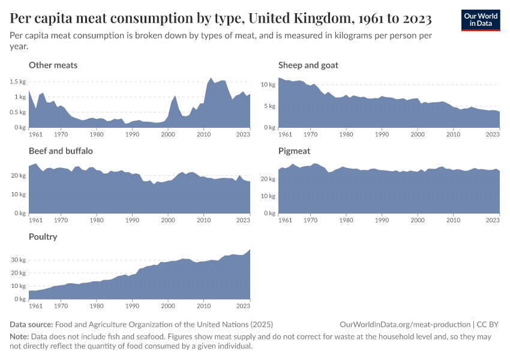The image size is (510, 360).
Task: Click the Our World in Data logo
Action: click(x=480, y=20)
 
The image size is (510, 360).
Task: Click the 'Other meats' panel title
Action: click(x=53, y=65)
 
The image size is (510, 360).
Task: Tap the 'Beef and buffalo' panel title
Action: click(x=61, y=151)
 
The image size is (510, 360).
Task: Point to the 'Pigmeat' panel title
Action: click(x=294, y=151)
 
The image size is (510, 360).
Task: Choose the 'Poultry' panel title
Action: click(x=43, y=236)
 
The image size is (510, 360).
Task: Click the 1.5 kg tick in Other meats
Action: click(x=18, y=82)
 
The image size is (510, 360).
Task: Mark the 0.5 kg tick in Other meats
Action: click(x=18, y=112)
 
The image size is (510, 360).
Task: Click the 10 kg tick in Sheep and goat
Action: click(x=268, y=85)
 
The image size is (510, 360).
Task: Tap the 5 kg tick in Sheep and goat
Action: click(x=269, y=106)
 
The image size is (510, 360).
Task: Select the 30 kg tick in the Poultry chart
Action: click(x=18, y=260)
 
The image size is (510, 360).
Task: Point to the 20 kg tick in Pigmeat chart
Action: click(x=268, y=179)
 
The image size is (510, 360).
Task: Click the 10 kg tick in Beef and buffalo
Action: click(x=18, y=194)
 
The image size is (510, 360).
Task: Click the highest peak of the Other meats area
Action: click(x=211, y=78)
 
